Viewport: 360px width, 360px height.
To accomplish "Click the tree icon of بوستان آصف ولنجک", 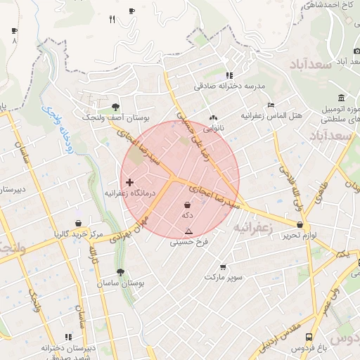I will pos(115,107).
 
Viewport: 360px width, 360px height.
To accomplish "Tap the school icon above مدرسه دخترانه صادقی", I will pos(229,75).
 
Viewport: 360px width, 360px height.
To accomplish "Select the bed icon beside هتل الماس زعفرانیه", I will pos(271,105).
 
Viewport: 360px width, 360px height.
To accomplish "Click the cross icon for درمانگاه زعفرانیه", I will pos(129,182).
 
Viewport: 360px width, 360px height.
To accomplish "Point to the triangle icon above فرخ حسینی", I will pos(188,231).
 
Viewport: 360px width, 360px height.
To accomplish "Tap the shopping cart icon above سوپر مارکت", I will pos(224,267).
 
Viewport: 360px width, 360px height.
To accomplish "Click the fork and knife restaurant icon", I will pos(112,20).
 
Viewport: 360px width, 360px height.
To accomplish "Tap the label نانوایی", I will pos(213,129).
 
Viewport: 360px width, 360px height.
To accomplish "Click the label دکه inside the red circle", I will pos(188,214).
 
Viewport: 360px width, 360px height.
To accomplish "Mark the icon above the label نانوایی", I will pos(213,118).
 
